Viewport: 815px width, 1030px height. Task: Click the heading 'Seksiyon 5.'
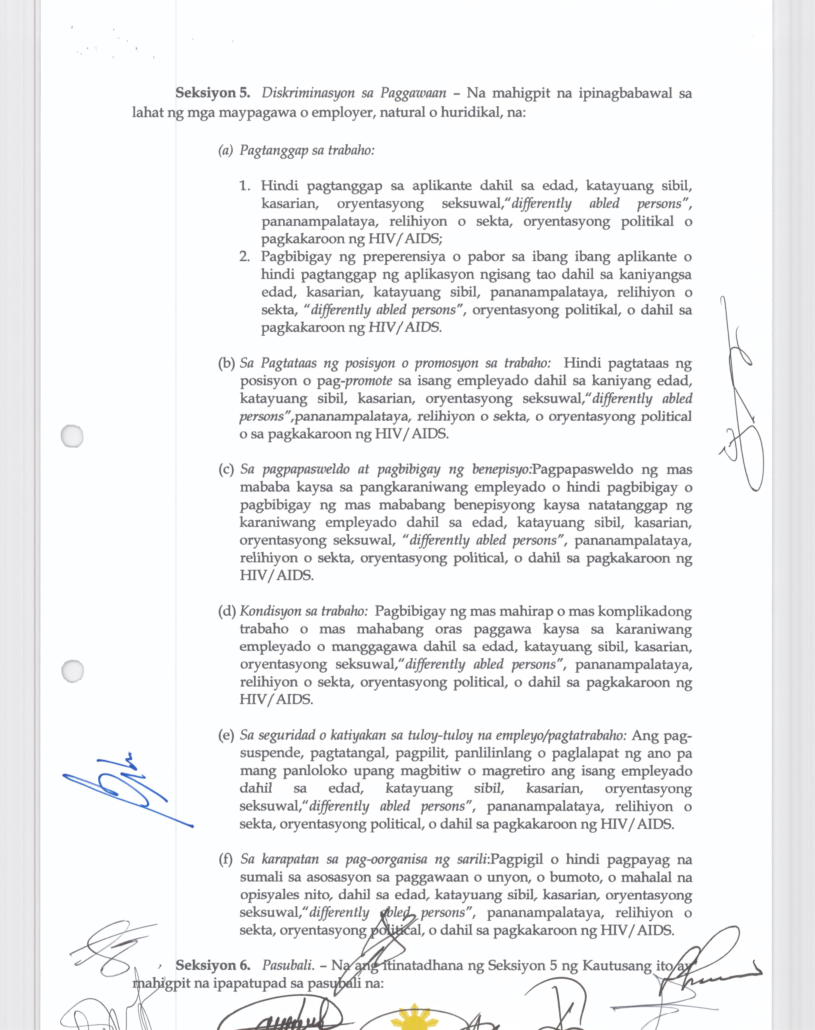213,93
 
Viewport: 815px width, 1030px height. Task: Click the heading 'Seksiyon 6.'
213,965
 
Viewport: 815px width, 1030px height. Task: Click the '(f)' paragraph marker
226,859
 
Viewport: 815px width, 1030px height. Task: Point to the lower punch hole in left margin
73,671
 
